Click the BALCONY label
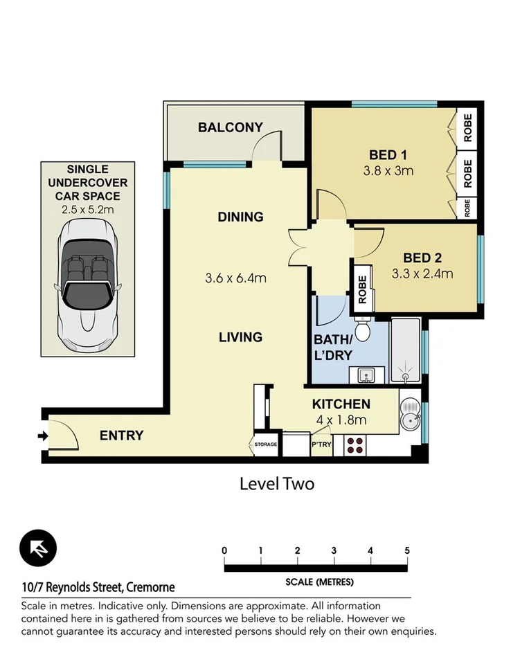(x=231, y=127)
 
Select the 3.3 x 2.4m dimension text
(x=422, y=273)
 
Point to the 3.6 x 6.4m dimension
(x=236, y=279)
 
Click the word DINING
(x=240, y=217)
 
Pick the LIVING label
(x=240, y=337)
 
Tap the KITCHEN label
(x=341, y=404)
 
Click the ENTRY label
(x=121, y=435)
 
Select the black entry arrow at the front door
(x=42, y=435)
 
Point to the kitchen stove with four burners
(x=355, y=445)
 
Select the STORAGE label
(x=265, y=444)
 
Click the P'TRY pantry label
(x=321, y=444)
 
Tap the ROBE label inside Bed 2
(x=362, y=291)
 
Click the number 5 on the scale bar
(x=407, y=550)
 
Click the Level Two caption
(x=276, y=483)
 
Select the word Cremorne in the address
(x=150, y=588)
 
